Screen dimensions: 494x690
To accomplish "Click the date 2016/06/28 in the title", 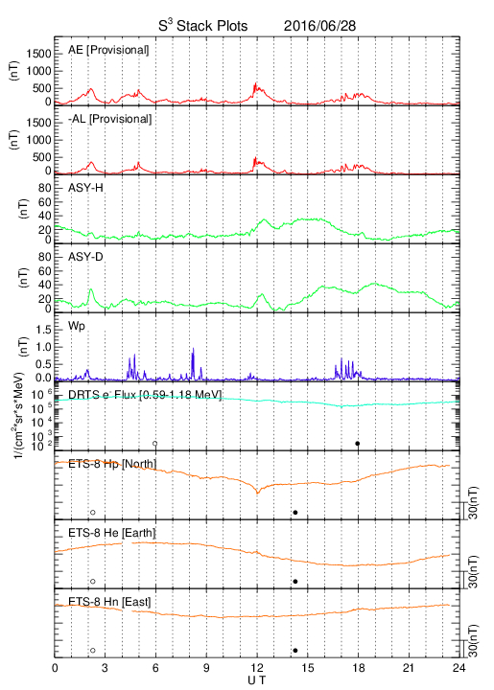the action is coord(319,26).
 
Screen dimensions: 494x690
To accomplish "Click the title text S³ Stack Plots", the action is coord(203,26).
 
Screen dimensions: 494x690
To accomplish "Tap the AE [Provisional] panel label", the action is coord(108,50).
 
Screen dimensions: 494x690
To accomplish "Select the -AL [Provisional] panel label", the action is coord(110,119).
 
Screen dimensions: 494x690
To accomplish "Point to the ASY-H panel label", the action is coord(85,188).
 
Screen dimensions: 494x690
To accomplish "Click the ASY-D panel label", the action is coord(85,257).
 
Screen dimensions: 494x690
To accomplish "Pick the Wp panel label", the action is coord(77,327).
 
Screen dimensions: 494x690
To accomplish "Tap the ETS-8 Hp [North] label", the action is coord(112,464).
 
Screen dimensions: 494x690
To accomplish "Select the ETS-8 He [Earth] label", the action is coord(112,533).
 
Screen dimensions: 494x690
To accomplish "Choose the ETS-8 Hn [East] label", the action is coord(109,602).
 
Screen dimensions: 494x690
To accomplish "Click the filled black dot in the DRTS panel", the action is coord(358,444).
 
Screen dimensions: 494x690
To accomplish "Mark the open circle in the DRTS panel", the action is coord(155,444).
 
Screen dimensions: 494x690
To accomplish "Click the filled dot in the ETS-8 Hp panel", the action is coord(295,512).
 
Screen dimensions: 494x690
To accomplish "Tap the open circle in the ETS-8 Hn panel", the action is coord(93,651).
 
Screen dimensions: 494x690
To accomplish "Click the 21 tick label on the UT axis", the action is coord(409,668).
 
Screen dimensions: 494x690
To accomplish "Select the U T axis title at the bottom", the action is coord(257,680).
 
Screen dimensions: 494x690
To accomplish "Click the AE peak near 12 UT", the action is coord(255,83).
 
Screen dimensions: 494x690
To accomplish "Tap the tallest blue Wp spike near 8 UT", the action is coord(193,349).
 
